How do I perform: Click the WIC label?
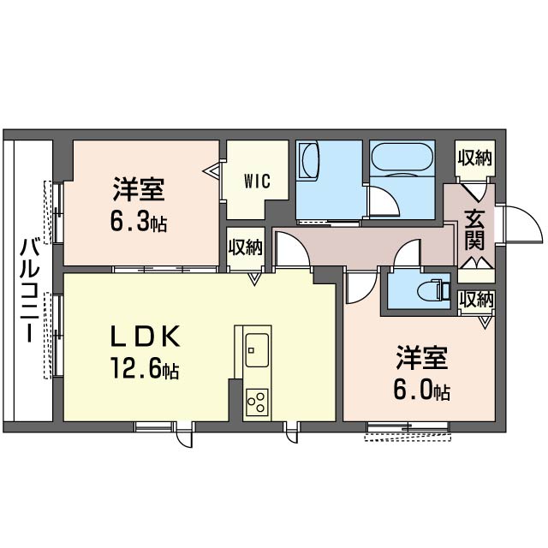(x=257, y=182)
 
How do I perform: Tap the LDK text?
(x=145, y=337)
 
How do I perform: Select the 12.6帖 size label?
(x=145, y=368)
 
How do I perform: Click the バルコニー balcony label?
(x=29, y=289)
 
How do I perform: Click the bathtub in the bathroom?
(x=402, y=159)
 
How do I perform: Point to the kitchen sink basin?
(x=257, y=350)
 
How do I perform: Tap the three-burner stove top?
(x=257, y=402)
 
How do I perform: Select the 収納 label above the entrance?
(x=474, y=158)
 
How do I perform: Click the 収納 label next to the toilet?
(x=476, y=300)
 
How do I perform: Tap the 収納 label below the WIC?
(x=246, y=247)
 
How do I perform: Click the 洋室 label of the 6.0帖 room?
(x=422, y=358)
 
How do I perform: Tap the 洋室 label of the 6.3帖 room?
(x=139, y=189)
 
